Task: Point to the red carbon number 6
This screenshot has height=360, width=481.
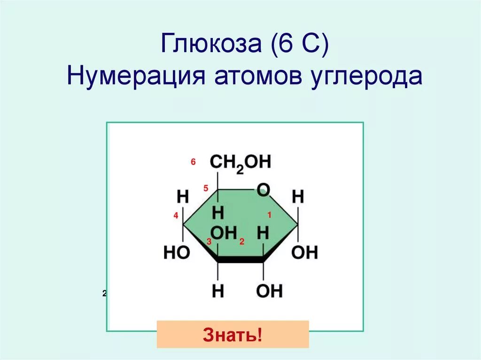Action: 193,162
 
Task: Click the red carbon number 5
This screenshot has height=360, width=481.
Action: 206,189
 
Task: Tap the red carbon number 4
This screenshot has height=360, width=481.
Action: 176,216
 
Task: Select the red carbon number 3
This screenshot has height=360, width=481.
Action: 209,242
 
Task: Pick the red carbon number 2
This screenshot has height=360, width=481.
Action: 242,242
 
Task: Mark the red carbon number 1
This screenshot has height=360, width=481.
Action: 270,215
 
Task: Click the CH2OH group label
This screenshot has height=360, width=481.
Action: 240,163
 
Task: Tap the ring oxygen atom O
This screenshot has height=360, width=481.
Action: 264,190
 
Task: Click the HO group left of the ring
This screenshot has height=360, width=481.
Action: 177,253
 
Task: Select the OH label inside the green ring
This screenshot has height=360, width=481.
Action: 223,232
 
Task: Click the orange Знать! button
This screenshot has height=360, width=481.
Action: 233,335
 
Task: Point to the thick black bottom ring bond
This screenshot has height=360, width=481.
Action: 240,259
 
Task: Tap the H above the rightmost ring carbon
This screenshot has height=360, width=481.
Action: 298,197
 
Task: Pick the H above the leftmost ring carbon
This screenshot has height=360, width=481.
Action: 183,197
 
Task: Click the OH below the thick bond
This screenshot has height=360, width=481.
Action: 269,291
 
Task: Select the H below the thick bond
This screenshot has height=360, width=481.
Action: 218,291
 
